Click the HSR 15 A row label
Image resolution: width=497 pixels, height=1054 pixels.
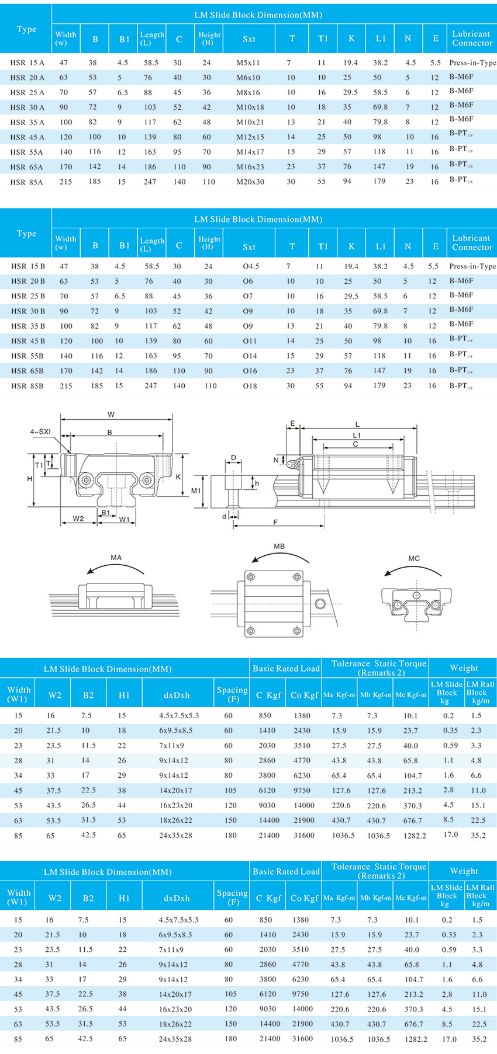pyautogui.click(x=27, y=62)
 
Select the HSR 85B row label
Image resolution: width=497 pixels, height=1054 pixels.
pyautogui.click(x=27, y=385)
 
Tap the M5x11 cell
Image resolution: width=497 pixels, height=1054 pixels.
pyautogui.click(x=248, y=62)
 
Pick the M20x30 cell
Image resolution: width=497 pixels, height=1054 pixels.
pyautogui.click(x=250, y=182)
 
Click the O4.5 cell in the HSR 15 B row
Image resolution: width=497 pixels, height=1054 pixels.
pyautogui.click(x=251, y=266)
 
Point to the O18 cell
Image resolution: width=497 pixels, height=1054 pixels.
pyautogui.click(x=250, y=385)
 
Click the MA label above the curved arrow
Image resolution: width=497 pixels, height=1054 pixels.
pyautogui.click(x=116, y=558)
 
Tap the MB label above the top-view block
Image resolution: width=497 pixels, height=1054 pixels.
pyautogui.click(x=279, y=547)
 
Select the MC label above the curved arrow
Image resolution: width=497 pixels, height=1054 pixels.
pyautogui.click(x=414, y=558)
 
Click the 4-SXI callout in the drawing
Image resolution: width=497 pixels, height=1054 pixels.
pyautogui.click(x=41, y=432)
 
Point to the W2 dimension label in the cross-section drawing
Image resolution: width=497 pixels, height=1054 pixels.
pyautogui.click(x=78, y=519)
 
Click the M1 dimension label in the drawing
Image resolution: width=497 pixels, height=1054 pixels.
pyautogui.click(x=196, y=491)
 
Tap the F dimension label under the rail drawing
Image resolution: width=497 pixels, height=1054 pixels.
pyautogui.click(x=275, y=522)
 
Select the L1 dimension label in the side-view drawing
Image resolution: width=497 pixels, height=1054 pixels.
pyautogui.click(x=357, y=436)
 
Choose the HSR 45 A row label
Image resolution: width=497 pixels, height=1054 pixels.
pyautogui.click(x=27, y=137)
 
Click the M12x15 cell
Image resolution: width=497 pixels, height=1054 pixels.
pyautogui.click(x=250, y=137)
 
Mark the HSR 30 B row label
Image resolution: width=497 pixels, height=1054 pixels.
pyautogui.click(x=27, y=311)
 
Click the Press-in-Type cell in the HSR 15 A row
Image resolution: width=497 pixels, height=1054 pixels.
pyautogui.click(x=472, y=62)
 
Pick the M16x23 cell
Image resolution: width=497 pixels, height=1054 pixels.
pyautogui.click(x=250, y=167)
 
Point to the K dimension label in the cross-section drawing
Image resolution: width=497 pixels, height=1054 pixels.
pyautogui.click(x=178, y=477)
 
